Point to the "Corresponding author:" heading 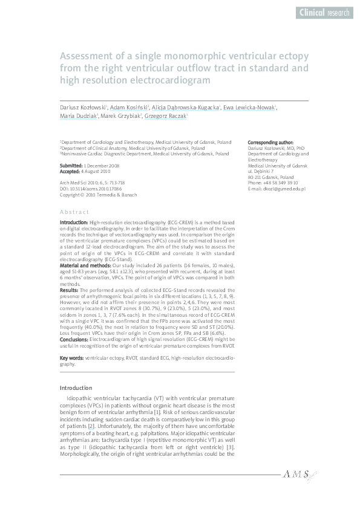270,141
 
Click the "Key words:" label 71,358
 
